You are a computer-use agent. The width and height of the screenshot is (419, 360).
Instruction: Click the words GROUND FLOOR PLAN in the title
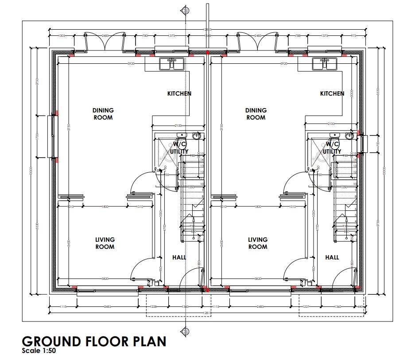click(94, 341)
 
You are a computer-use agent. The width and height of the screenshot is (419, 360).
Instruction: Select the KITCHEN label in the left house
click(179, 93)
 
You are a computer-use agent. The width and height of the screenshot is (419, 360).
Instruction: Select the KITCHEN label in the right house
click(332, 93)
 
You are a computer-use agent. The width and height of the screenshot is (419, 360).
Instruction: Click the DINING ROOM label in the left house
click(103, 114)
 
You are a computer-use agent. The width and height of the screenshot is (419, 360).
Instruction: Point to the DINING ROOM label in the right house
click(256, 114)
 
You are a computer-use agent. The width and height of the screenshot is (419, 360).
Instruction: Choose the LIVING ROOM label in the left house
click(105, 243)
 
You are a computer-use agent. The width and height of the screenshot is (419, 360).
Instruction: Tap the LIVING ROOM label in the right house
click(257, 243)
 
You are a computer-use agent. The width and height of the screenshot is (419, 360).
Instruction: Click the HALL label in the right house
click(332, 257)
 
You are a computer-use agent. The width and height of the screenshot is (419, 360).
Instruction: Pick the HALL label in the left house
click(179, 257)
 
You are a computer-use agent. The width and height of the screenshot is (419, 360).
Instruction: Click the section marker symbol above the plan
click(183, 10)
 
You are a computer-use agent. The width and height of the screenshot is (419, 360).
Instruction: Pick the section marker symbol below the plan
click(183, 331)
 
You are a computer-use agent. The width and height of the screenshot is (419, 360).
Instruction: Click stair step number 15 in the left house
click(202, 154)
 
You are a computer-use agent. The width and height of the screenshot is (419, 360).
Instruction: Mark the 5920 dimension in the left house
click(131, 64)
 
